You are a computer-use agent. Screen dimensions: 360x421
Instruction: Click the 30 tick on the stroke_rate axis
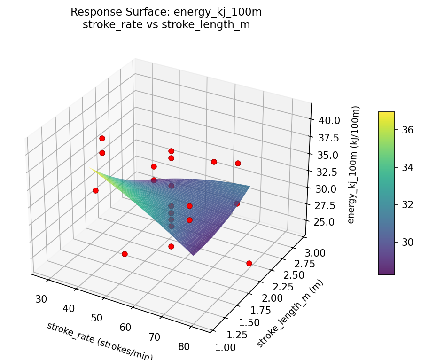coord(42,299)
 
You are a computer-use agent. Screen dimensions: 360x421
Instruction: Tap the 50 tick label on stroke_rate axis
coord(97,318)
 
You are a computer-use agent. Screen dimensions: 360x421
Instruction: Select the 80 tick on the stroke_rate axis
coord(184,347)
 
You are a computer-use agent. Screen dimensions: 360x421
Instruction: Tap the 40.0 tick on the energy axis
coord(329,120)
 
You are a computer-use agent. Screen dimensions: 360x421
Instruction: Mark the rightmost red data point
coord(249,263)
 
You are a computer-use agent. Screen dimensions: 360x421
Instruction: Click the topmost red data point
coord(102,138)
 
